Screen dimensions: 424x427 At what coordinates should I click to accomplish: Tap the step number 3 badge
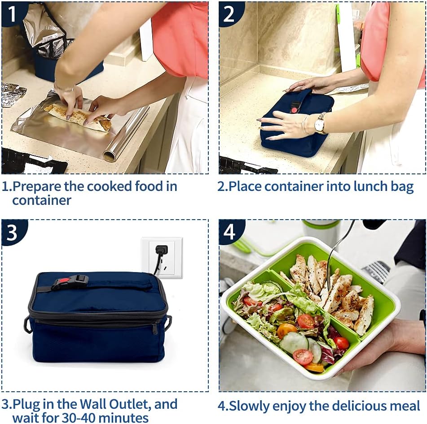point(12,232)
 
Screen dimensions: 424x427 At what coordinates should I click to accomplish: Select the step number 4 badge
point(229,232)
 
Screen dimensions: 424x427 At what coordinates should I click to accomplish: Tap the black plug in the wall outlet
point(161,250)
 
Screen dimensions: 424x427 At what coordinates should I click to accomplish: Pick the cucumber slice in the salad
point(294,342)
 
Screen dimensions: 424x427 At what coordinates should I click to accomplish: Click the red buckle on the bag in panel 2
point(295,108)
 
